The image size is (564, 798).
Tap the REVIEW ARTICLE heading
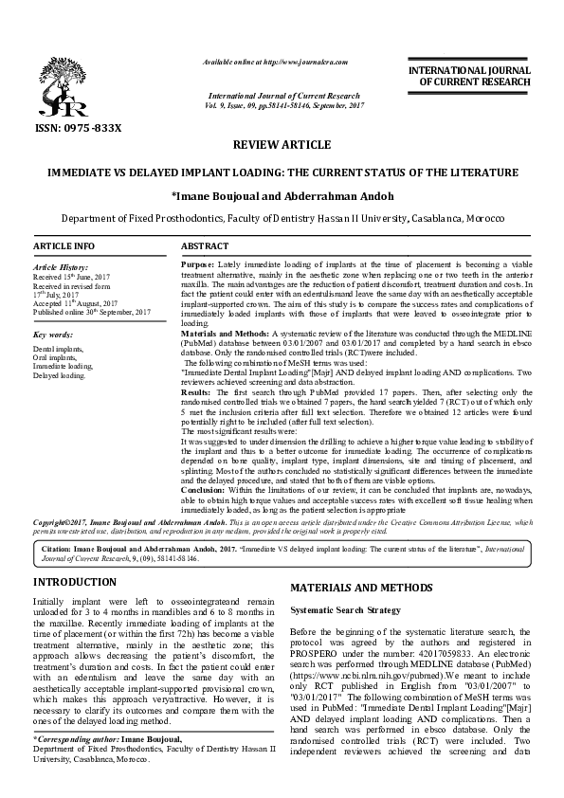[282, 145]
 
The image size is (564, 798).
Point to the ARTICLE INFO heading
[64, 246]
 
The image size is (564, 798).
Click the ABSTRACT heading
[204, 246]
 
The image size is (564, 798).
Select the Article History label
[62, 268]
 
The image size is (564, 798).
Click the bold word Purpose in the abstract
[197, 263]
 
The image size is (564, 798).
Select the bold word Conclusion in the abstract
[204, 489]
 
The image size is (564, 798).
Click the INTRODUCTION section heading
[75, 581]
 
